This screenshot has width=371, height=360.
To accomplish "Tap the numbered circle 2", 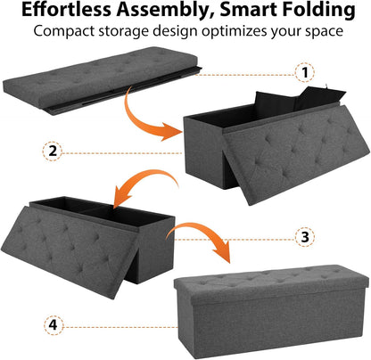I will coord(54,151).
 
